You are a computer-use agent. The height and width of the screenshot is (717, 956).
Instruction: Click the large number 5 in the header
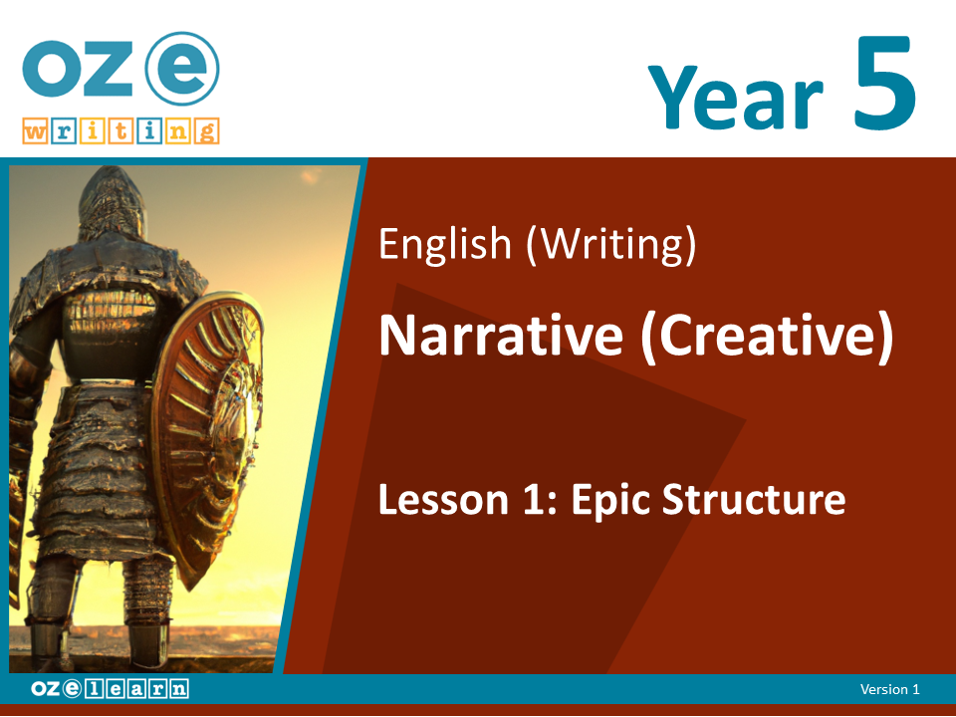(884, 83)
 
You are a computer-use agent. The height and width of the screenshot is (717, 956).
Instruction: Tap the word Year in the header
(735, 97)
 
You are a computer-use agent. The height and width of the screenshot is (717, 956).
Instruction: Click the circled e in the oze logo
(181, 69)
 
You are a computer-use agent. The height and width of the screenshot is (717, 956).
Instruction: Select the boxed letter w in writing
(35, 131)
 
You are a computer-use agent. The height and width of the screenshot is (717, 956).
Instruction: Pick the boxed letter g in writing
(207, 131)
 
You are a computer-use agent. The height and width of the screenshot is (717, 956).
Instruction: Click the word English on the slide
(445, 245)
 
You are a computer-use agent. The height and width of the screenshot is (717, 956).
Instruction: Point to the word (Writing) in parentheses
(610, 245)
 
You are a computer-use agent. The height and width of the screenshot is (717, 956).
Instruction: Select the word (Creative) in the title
(767, 338)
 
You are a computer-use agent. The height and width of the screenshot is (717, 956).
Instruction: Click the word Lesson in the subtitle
(444, 500)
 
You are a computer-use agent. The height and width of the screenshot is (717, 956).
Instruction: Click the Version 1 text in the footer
(889, 689)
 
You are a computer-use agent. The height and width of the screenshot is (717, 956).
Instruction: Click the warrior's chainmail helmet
(113, 204)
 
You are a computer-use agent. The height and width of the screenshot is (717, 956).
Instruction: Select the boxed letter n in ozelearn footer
(179, 689)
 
